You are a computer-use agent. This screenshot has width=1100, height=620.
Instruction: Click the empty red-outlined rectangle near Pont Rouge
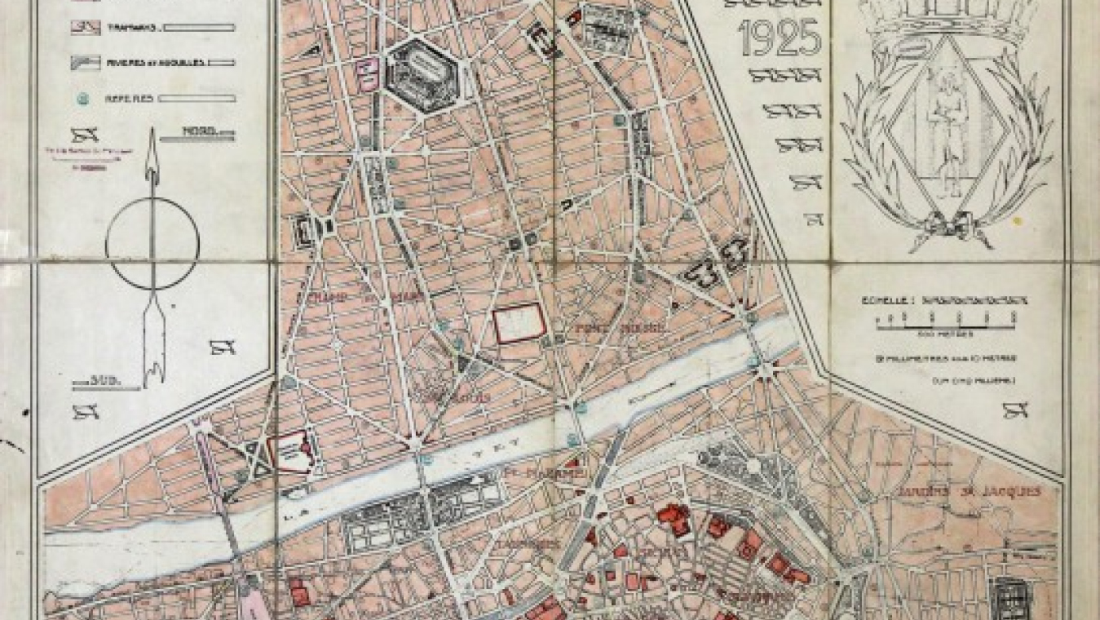[x=519, y=323]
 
